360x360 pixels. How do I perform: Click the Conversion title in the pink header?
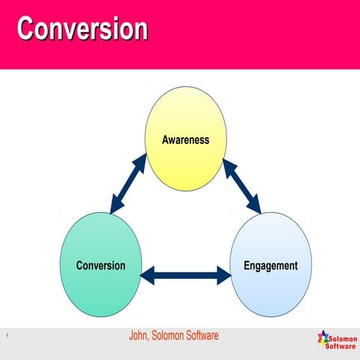click(82, 28)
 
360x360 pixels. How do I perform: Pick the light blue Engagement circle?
click(270, 262)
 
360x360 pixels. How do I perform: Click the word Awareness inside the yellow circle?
click(185, 139)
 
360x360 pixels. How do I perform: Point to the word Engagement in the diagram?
click(271, 265)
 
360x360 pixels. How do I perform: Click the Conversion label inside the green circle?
click(100, 265)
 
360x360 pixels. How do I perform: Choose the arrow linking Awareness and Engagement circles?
click(241, 184)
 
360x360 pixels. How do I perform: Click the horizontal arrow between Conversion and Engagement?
click(186, 275)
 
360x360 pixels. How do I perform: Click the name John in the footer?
click(140, 335)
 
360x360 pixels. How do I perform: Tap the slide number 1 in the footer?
click(5, 335)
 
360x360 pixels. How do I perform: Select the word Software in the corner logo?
click(341, 346)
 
